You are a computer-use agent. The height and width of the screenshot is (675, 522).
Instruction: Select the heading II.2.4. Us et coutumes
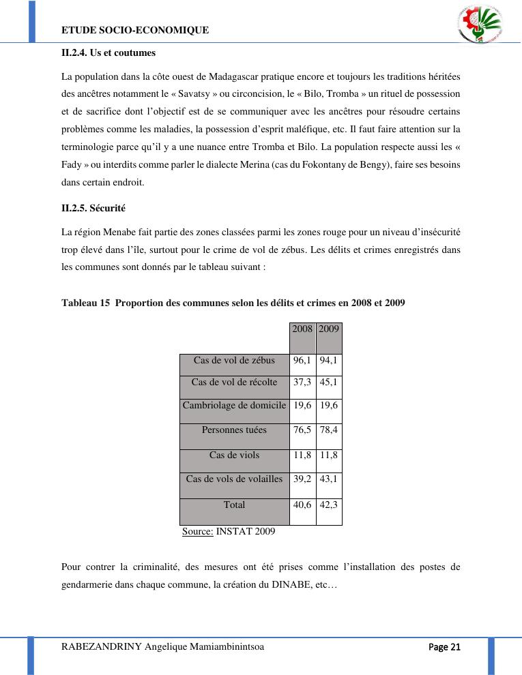click(x=108, y=52)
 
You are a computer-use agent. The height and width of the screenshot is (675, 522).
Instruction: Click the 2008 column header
click(x=303, y=329)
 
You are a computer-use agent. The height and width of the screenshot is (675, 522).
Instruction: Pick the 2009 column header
click(x=329, y=329)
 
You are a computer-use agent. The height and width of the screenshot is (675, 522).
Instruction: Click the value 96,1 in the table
click(x=303, y=360)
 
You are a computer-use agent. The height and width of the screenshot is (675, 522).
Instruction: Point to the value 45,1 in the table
click(x=329, y=382)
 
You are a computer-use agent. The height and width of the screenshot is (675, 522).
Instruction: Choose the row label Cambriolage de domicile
click(x=234, y=405)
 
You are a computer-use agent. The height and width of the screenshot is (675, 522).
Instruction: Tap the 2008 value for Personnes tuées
click(x=303, y=430)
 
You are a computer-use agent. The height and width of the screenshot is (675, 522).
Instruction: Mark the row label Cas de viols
click(x=234, y=455)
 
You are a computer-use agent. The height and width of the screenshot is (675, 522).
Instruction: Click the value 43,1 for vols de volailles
click(x=329, y=479)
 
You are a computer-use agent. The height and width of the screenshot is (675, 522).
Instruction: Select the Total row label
click(x=234, y=505)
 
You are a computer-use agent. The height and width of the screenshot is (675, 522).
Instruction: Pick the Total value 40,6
click(x=303, y=505)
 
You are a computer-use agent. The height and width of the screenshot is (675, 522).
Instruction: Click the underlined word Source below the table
click(x=198, y=531)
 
